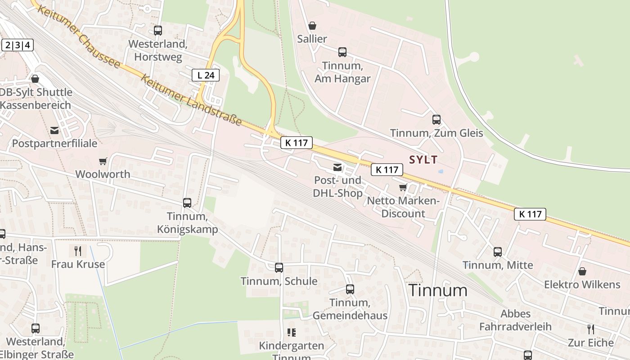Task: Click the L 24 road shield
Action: pos(206,75)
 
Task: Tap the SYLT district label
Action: pos(423,160)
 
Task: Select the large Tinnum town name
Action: pos(438,290)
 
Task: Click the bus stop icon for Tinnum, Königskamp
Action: pos(187,203)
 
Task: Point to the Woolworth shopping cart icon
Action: pos(103,161)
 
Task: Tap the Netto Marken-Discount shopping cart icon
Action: pos(403,187)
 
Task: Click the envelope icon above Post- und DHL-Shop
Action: pos(337,168)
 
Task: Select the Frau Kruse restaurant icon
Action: pos(78,251)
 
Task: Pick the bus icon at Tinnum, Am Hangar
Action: pos(342,52)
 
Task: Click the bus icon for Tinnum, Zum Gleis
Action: pos(436,120)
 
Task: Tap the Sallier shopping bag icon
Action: pos(312,26)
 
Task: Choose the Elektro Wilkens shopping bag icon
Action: pos(582,271)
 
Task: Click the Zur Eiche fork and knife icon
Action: pos(590,329)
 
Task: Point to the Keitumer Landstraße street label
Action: pos(191,100)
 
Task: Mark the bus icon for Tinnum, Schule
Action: pos(279,268)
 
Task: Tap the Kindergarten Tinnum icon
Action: pos(291,333)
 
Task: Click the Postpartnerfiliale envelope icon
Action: pos(54,130)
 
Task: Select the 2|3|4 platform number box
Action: pos(18,45)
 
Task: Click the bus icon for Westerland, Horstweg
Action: pos(157,31)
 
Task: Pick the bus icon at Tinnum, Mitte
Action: pos(497,252)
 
